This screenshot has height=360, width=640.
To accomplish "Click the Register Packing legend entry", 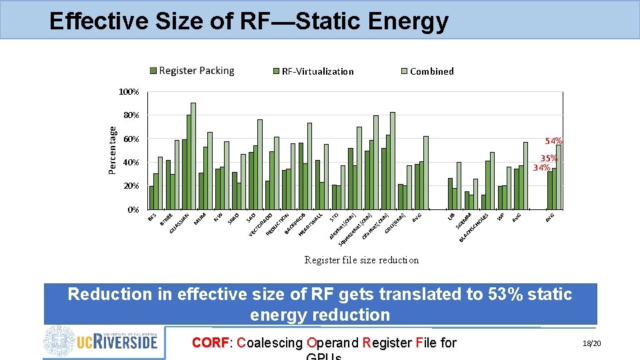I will click(196, 71).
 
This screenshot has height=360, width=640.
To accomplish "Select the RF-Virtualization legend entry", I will click(317, 71).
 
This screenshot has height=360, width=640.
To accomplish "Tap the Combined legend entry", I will click(431, 71).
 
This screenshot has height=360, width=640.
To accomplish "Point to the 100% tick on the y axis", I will click(129, 91).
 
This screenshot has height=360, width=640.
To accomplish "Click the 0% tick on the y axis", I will click(133, 210).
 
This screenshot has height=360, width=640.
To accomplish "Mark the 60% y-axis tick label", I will click(131, 139).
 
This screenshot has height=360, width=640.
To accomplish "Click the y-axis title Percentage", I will click(113, 151).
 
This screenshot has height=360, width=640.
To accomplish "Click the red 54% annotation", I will click(553, 141).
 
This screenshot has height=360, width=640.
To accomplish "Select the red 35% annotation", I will click(549, 159).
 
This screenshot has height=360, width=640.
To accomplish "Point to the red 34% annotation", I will click(541, 167).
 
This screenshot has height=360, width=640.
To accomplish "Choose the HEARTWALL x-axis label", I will click(311, 223).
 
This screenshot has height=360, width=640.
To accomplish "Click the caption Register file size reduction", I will click(361, 260).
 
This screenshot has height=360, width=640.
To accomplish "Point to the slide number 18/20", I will click(591, 343).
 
